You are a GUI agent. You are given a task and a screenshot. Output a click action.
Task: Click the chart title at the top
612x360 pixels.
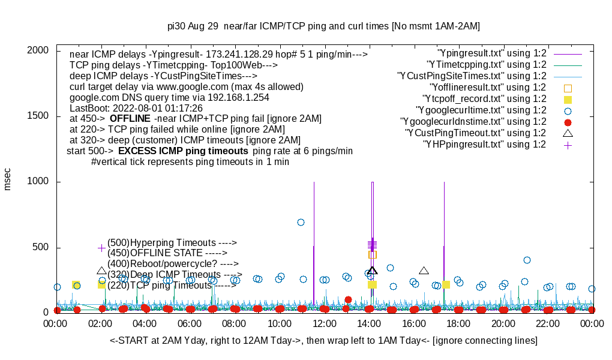[x=323, y=26]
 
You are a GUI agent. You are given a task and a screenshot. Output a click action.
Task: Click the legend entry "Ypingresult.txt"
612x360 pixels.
[x=492, y=53]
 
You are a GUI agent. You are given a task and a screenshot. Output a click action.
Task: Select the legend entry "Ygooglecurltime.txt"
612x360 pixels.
[x=480, y=110]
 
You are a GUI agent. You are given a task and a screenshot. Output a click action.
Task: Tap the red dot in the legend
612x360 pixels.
[x=568, y=122]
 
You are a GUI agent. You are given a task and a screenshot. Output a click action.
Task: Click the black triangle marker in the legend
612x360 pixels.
[x=568, y=133]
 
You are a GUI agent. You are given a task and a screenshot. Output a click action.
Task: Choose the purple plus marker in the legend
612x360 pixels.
[x=568, y=145]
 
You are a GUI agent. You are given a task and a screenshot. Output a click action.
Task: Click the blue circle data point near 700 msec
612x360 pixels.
[x=301, y=222]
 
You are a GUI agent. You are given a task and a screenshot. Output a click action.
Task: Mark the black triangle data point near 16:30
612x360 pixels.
[x=424, y=271]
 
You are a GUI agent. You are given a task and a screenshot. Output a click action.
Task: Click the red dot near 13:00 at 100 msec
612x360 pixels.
[x=348, y=299]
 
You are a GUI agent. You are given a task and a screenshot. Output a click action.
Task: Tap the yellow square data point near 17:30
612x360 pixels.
[x=446, y=284]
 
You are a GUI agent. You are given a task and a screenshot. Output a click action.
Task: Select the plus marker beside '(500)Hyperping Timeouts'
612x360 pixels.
[x=101, y=247]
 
